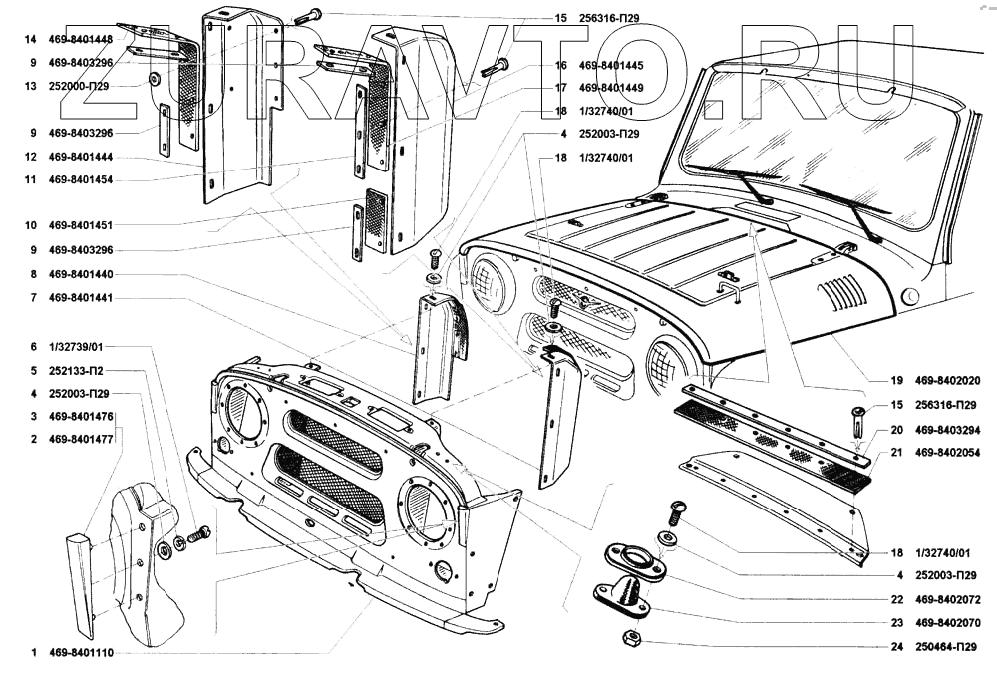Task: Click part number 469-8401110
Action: (81, 653)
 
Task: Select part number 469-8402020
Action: (947, 381)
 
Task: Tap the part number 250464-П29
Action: (946, 647)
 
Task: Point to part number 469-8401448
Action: (81, 40)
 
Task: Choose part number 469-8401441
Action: (81, 297)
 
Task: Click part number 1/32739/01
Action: (76, 347)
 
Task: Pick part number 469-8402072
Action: (947, 599)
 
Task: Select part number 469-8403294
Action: (947, 430)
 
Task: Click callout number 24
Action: (897, 647)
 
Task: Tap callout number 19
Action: (896, 381)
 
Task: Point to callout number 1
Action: (34, 653)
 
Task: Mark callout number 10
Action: (31, 225)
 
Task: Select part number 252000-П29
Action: (79, 86)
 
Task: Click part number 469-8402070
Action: (947, 623)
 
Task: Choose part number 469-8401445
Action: (611, 66)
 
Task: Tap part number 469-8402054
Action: (947, 453)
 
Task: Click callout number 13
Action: (31, 86)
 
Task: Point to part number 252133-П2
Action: (77, 371)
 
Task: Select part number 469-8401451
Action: (81, 225)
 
